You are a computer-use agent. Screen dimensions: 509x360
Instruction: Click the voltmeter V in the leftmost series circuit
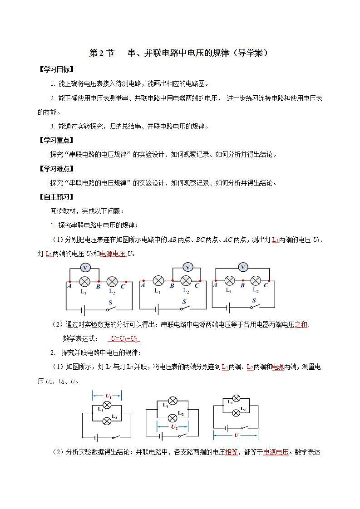[84, 268]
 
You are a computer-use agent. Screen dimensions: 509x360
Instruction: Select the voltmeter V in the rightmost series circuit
[243, 267]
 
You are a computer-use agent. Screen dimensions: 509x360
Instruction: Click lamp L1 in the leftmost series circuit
[84, 282]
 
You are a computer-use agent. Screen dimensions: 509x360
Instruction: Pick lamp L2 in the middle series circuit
[186, 281]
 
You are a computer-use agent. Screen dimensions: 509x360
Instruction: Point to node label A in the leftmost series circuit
[69, 286]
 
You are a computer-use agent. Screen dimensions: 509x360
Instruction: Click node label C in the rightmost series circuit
[266, 285]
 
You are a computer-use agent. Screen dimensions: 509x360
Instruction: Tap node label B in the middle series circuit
[172, 286]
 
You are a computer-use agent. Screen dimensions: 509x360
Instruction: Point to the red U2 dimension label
[174, 427]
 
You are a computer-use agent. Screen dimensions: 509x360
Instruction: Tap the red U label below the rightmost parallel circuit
[236, 435]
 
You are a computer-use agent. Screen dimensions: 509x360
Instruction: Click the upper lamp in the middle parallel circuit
[173, 401]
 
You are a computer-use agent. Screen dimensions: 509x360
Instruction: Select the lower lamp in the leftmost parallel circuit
[107, 421]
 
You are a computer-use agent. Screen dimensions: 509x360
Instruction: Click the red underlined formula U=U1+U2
[124, 338]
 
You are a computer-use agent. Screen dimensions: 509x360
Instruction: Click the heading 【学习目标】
[56, 69]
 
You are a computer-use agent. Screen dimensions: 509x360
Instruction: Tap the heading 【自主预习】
[56, 197]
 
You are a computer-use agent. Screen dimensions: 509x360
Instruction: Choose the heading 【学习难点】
[56, 169]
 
